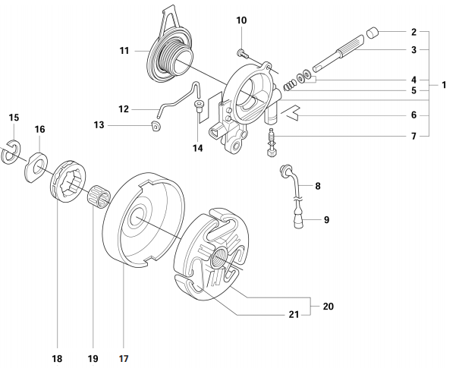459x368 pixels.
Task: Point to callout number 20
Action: [328, 307]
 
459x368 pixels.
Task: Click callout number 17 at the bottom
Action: [123, 354]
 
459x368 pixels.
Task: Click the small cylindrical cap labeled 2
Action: [372, 33]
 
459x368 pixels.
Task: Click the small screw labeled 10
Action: [242, 52]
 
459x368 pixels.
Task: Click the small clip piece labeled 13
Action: [156, 126]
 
